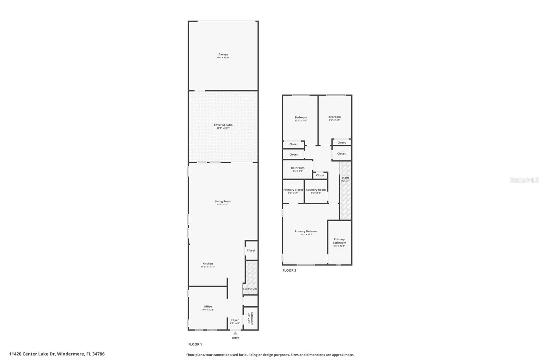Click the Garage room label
(x=223, y=54)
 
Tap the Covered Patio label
(x=223, y=125)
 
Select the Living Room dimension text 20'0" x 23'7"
(x=223, y=205)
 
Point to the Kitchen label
(x=208, y=264)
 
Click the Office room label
(x=208, y=307)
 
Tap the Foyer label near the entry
(x=235, y=320)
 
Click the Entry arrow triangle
(x=235, y=333)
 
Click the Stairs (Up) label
(x=250, y=289)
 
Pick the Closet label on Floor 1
(x=251, y=251)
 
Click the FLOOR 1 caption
(x=195, y=344)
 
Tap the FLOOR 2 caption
(x=289, y=271)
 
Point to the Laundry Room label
(x=316, y=190)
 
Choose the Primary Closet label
(x=293, y=190)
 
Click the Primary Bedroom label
(x=306, y=231)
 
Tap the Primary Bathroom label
(x=339, y=241)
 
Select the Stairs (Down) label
(x=345, y=179)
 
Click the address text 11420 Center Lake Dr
(x=32, y=354)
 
